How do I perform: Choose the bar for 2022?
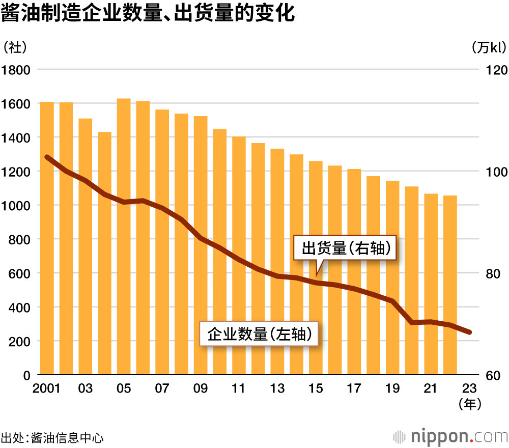450,285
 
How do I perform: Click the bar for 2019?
392,277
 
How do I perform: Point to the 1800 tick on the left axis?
16,70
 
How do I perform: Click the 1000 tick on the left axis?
16,205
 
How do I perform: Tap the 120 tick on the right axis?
494,70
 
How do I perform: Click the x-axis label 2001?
47,388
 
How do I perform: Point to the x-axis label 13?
277,388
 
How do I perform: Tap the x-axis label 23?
469,388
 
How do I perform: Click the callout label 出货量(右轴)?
346,248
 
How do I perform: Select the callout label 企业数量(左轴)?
259,334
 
